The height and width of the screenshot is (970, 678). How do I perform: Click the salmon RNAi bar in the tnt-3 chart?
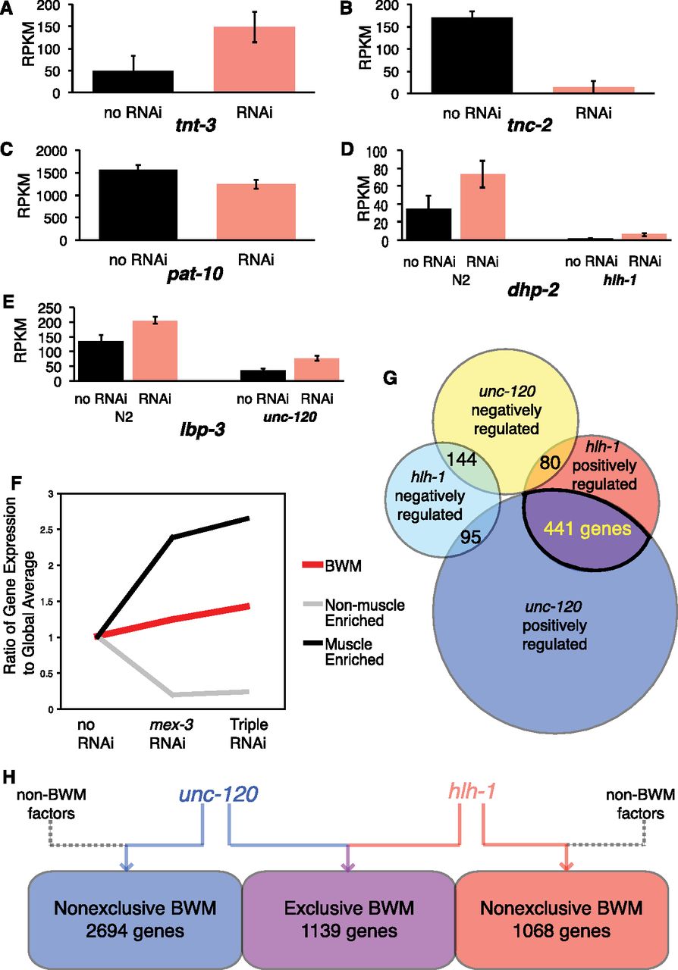coord(255,59)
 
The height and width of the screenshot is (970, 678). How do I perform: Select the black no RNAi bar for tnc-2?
coord(472,55)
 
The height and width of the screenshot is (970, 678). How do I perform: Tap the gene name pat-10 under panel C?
coord(195,274)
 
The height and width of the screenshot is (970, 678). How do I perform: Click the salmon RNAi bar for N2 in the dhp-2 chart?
coord(482,207)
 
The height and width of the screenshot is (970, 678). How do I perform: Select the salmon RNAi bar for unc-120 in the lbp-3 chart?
coord(317,369)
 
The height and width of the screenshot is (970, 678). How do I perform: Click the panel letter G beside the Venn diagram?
coord(390,378)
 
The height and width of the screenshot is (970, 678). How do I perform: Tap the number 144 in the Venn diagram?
coord(462,459)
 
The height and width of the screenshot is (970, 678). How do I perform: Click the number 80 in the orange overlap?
coord(550,462)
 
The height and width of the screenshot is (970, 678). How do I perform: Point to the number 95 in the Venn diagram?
coord(470,537)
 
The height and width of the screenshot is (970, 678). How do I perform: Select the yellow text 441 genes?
coord(588,529)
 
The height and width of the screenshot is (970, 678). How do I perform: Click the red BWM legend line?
coord(312,565)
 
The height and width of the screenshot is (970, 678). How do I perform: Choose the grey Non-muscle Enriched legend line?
coord(312,603)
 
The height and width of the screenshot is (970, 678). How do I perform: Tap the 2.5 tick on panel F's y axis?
coord(47,530)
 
